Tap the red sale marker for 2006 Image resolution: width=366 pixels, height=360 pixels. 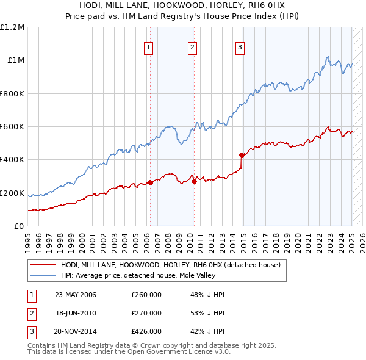[150, 182]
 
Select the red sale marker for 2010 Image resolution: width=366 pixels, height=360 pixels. [194, 181]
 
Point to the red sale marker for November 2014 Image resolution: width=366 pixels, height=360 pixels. [242, 155]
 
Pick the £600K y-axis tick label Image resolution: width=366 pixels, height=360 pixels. [12, 127]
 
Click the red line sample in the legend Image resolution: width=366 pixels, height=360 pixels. [43, 265]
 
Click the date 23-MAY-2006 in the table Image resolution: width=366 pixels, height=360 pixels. [76, 295]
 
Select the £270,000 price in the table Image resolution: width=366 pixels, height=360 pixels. [146, 313]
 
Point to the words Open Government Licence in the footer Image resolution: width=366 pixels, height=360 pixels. [168, 352]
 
